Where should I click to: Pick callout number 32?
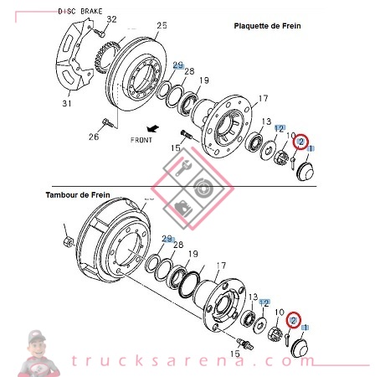tap(111, 18)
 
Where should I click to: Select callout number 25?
tap(162, 26)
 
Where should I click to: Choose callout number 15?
tap(175, 148)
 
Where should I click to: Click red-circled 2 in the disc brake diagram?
tap(302, 142)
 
